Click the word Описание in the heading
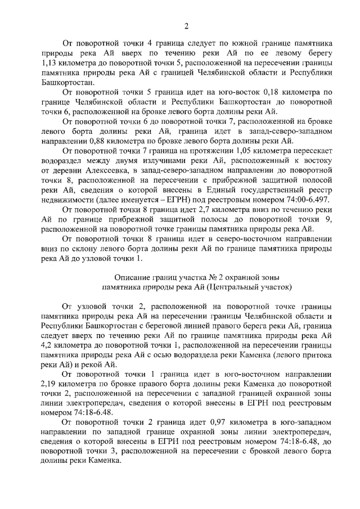coord(132,277)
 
